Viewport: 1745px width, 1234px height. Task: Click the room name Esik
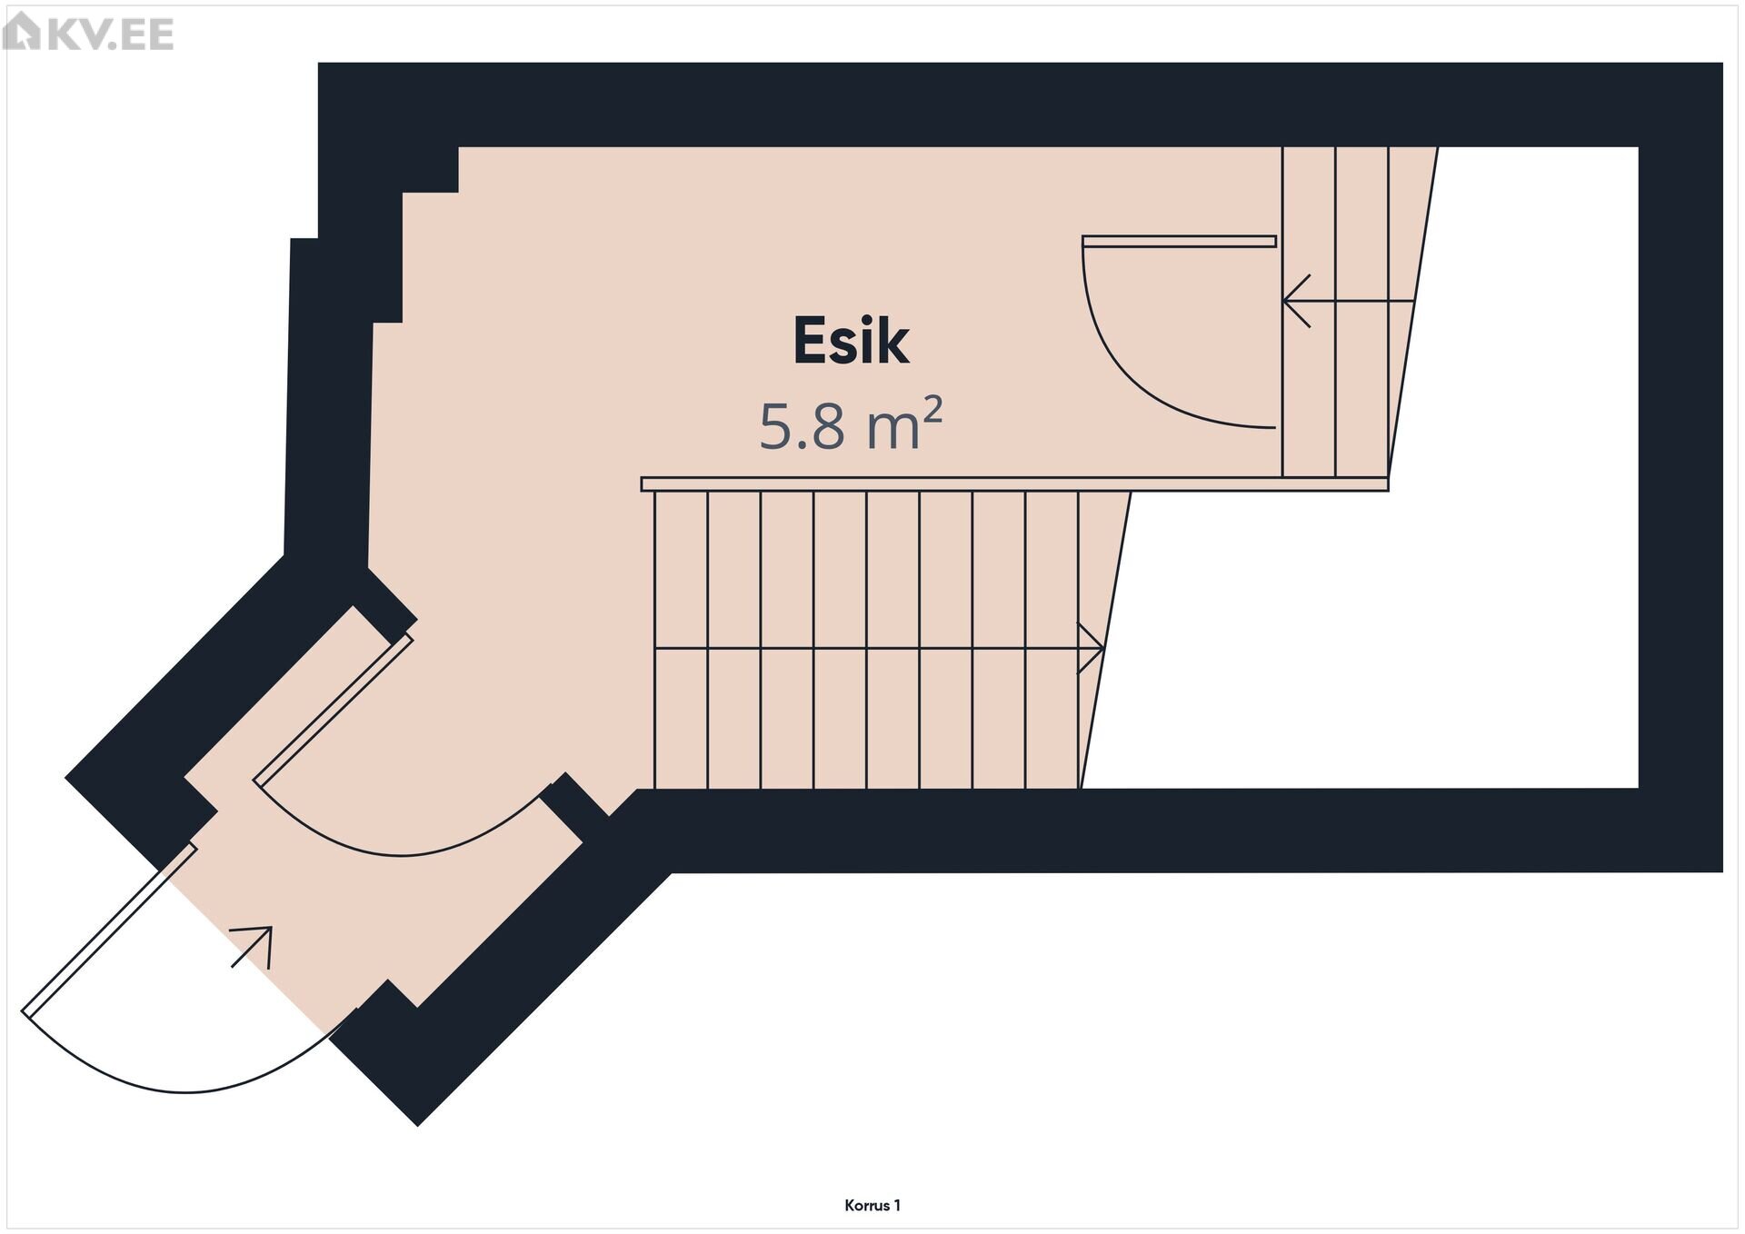pyautogui.click(x=851, y=341)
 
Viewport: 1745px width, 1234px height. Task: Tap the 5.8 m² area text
pyautogui.click(x=851, y=424)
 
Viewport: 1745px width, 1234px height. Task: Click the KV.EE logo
pyautogui.click(x=88, y=33)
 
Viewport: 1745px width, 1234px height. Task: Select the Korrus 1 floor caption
pyautogui.click(x=872, y=1206)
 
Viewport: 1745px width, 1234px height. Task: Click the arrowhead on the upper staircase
pyautogui.click(x=1296, y=301)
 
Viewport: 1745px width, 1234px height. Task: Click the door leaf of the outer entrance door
pyautogui.click(x=109, y=930)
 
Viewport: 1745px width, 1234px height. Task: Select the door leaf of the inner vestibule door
pyautogui.click(x=334, y=709)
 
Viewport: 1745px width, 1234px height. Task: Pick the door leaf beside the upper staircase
pyautogui.click(x=1179, y=242)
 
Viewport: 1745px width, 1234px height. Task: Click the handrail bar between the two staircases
pyautogui.click(x=1014, y=484)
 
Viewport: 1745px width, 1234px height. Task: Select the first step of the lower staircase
pyautogui.click(x=681, y=640)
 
